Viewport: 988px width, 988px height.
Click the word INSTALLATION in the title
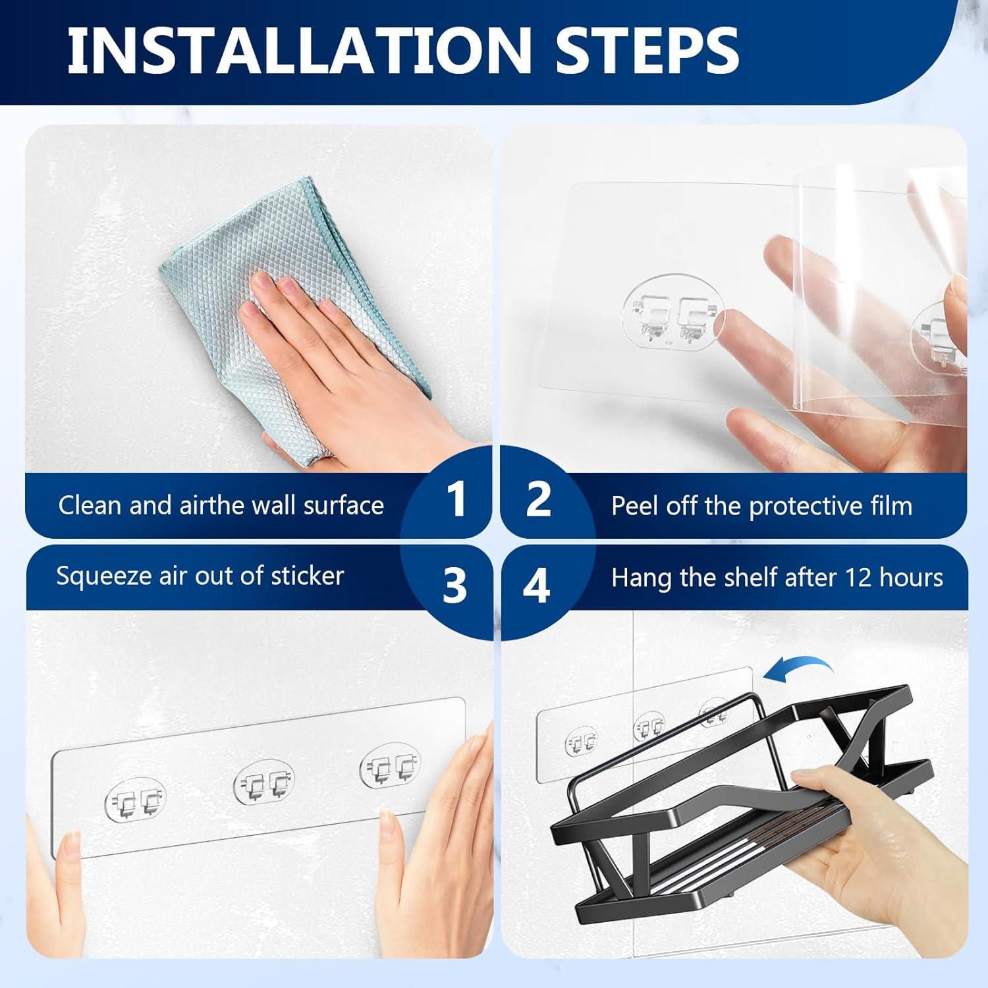pos(298,50)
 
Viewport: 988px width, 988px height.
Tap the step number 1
pos(456,499)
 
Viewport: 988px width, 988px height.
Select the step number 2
pos(539,499)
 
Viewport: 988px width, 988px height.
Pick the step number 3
pos(454,584)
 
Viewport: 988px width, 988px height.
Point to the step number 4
pos(536,585)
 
